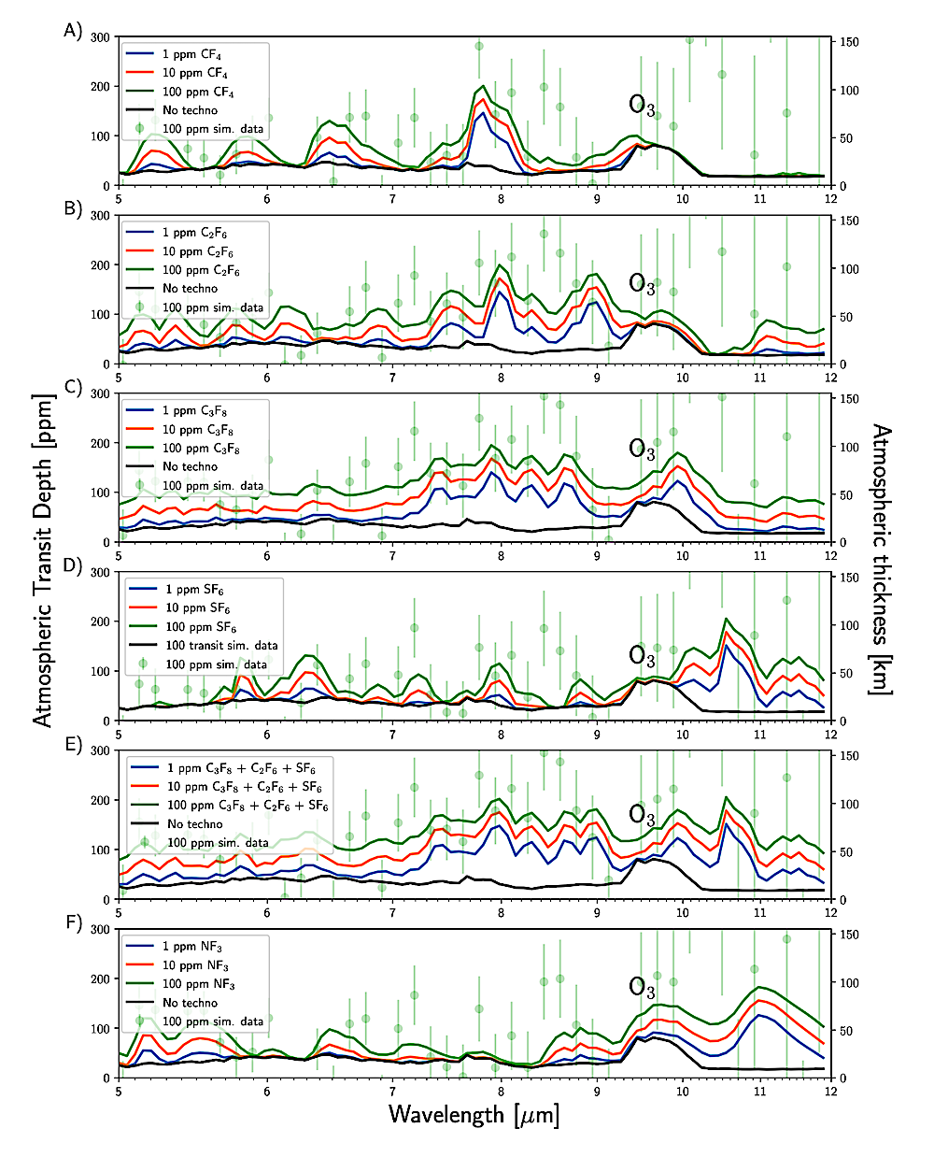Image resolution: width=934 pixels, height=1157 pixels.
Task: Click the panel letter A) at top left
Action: coord(73,31)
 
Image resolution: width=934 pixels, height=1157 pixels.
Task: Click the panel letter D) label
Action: coord(73,565)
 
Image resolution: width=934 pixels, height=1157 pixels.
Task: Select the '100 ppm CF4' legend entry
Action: coord(198,92)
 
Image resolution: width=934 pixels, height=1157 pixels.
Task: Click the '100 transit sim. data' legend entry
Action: coord(221,645)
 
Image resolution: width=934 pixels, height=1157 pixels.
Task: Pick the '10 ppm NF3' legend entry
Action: coord(195,965)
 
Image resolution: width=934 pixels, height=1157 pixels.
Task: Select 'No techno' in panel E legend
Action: coord(195,824)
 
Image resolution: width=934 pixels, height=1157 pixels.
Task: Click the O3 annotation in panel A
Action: coord(642,105)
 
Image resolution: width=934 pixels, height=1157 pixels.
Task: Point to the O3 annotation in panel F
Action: coord(642,987)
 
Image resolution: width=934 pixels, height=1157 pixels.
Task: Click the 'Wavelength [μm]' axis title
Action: coord(474,1114)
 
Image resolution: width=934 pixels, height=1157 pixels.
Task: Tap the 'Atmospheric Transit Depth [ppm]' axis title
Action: coord(44,560)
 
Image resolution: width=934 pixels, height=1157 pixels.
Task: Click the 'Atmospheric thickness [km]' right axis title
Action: coord(882,559)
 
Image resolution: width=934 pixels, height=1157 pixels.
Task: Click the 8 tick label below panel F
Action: coord(502,1091)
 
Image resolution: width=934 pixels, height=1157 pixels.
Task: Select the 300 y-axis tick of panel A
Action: coord(100,37)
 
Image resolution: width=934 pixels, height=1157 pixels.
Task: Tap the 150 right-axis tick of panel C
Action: coord(849,399)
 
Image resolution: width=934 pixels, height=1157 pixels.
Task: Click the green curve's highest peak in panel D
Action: coord(727,619)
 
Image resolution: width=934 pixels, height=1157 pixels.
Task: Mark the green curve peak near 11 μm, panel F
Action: coord(759,987)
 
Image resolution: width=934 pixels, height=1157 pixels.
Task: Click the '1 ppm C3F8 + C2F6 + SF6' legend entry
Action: coord(245,768)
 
